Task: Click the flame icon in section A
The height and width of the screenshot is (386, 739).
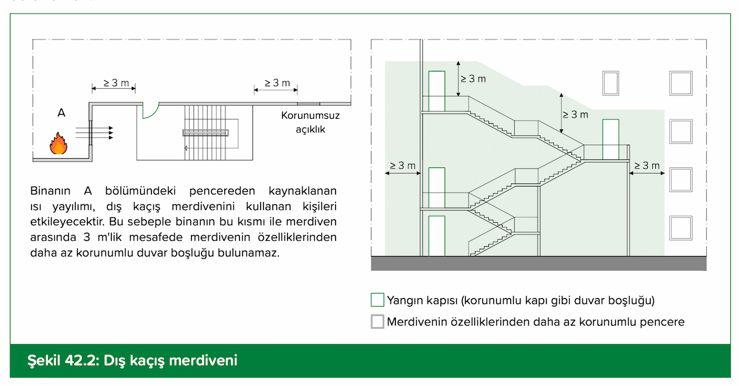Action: tap(59, 143)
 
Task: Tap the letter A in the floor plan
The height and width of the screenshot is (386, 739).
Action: tap(61, 113)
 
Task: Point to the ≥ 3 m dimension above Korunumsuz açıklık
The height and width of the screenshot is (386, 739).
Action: tap(277, 83)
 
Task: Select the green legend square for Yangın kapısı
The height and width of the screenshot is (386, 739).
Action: tap(378, 300)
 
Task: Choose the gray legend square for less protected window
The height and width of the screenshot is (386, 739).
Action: tap(378, 321)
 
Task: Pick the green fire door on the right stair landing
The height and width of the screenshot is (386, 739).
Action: tap(610, 139)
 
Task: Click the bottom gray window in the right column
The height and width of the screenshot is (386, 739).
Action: tap(680, 227)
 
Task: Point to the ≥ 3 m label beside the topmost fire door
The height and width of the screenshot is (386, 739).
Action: tap(473, 79)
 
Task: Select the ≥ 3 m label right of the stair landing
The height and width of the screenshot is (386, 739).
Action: tap(647, 166)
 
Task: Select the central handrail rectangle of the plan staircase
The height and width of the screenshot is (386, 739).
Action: tap(206, 132)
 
